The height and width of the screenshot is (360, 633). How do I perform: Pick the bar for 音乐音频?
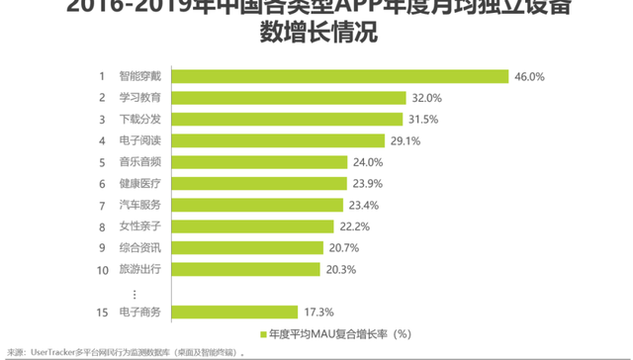[265, 162]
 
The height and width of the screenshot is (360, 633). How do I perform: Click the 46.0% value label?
[529, 76]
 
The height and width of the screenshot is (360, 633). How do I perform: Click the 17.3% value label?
[318, 312]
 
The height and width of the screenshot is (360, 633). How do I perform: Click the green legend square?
[263, 333]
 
